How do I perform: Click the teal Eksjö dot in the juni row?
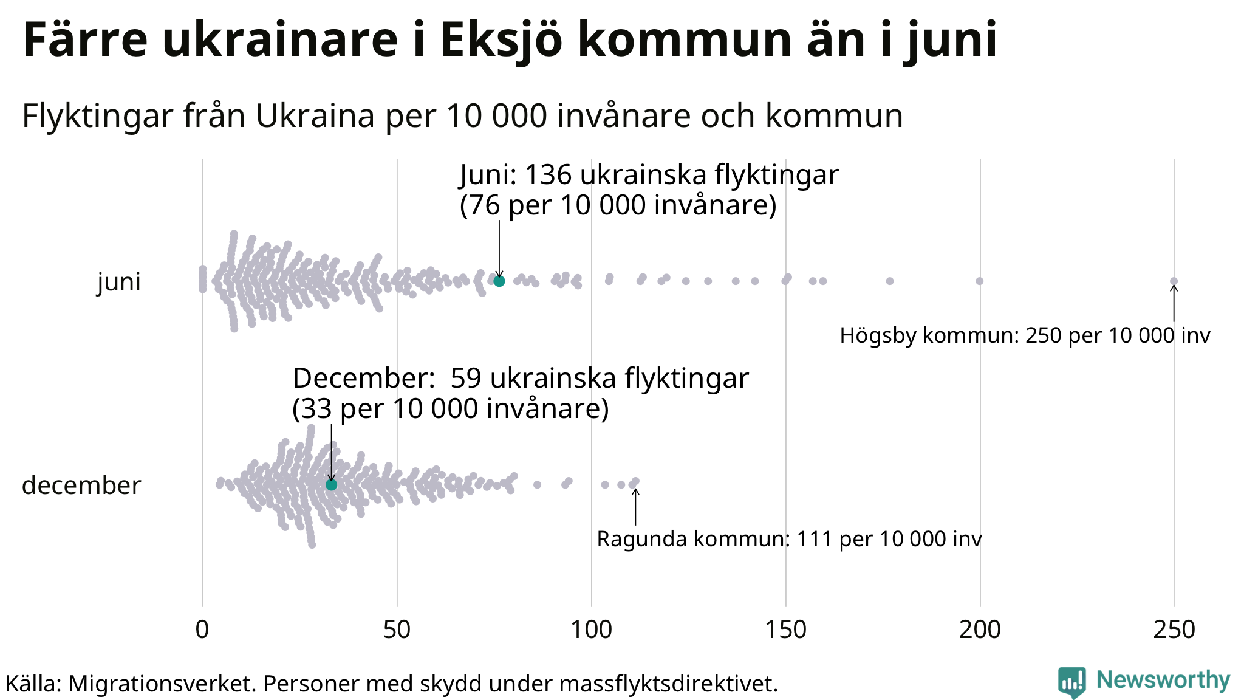(x=499, y=281)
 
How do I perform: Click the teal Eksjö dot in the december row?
(x=331, y=484)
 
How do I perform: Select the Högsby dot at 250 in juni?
(x=1174, y=281)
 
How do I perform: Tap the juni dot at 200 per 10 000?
(x=979, y=281)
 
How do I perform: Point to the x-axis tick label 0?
(x=202, y=630)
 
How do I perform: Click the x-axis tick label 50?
(x=397, y=630)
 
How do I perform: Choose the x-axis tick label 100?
(x=591, y=630)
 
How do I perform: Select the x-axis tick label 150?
(x=785, y=630)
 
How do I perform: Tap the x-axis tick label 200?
(x=980, y=630)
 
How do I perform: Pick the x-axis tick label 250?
(x=1174, y=630)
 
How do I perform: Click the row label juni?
(x=119, y=282)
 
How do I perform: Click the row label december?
(x=81, y=486)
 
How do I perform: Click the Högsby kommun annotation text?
(x=1025, y=335)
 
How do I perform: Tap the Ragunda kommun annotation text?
(x=789, y=539)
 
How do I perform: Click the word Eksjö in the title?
(x=501, y=40)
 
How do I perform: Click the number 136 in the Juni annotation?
(x=548, y=175)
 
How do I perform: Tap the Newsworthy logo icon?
(x=1071, y=682)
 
